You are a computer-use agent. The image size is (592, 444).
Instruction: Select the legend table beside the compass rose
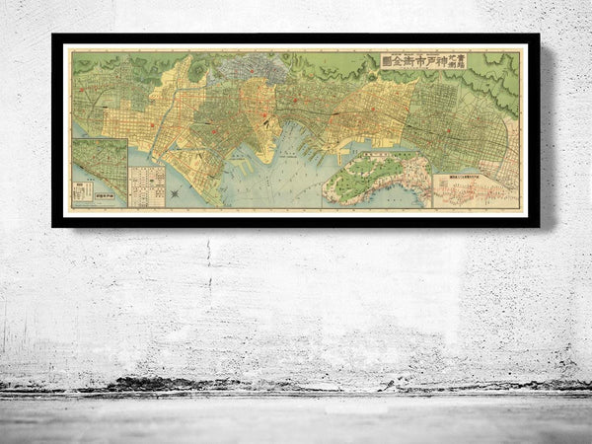[147, 185]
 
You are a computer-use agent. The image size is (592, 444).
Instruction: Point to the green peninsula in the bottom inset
[380, 178]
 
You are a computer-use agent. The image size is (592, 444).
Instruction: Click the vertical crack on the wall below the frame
[208, 266]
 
